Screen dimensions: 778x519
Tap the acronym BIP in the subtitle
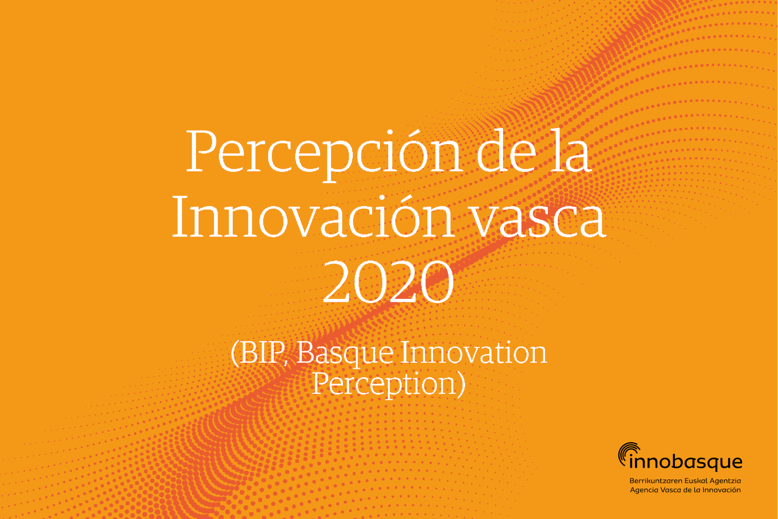[262, 353]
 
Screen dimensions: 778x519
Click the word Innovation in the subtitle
[474, 352]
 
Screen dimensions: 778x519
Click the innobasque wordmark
[686, 462]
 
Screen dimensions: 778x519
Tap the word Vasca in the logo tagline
[671, 490]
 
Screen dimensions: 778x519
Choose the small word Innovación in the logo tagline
[721, 490]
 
